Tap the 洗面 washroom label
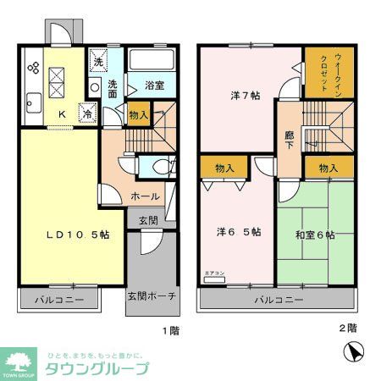pyautogui.click(x=113, y=88)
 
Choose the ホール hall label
pyautogui.click(x=145, y=196)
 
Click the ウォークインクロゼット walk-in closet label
pyautogui.click(x=324, y=75)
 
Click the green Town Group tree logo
pyautogui.click(x=18, y=360)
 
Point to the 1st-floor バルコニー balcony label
pyautogui.click(x=59, y=300)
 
